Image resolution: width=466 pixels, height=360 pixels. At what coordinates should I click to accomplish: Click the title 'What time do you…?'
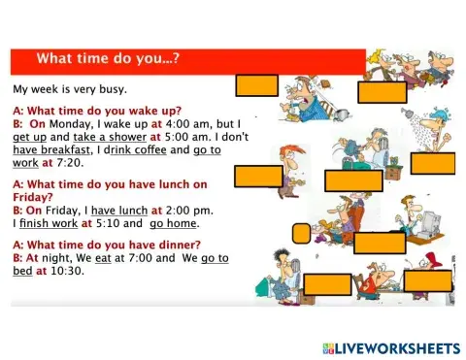(107, 60)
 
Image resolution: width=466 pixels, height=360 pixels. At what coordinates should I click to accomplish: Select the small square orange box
(300, 233)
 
